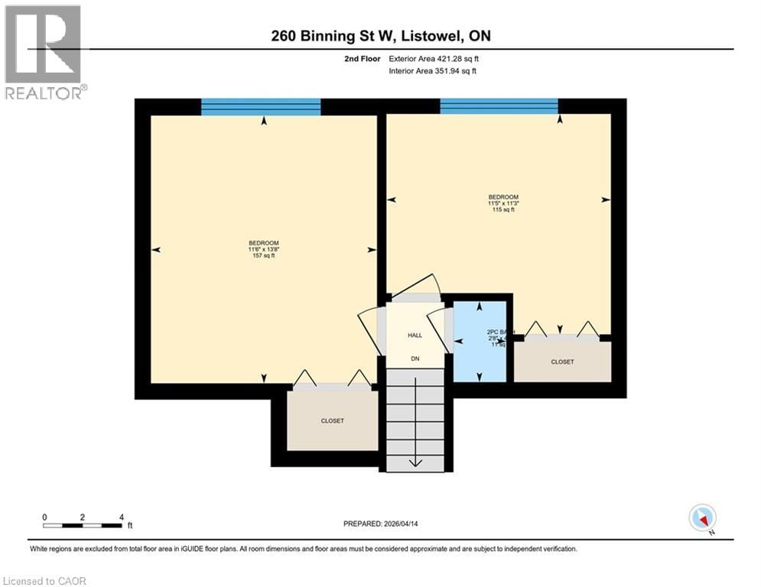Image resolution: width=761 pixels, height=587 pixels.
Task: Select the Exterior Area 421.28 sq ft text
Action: pyautogui.click(x=433, y=58)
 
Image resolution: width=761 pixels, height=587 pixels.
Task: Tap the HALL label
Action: pyautogui.click(x=415, y=335)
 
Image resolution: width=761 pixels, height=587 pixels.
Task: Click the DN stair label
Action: pyautogui.click(x=415, y=358)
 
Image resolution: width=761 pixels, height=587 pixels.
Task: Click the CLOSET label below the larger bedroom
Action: pyautogui.click(x=332, y=421)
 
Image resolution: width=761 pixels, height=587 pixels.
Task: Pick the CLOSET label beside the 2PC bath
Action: pyautogui.click(x=562, y=362)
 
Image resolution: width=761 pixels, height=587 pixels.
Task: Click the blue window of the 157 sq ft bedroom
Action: pyautogui.click(x=261, y=106)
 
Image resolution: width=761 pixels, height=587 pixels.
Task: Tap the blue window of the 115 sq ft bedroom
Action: pyautogui.click(x=499, y=106)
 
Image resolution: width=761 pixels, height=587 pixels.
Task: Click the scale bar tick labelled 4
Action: pyautogui.click(x=122, y=517)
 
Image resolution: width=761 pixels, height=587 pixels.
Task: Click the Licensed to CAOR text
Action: pyautogui.click(x=44, y=581)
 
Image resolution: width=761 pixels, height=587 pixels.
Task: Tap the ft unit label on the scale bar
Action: pyautogui.click(x=130, y=526)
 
